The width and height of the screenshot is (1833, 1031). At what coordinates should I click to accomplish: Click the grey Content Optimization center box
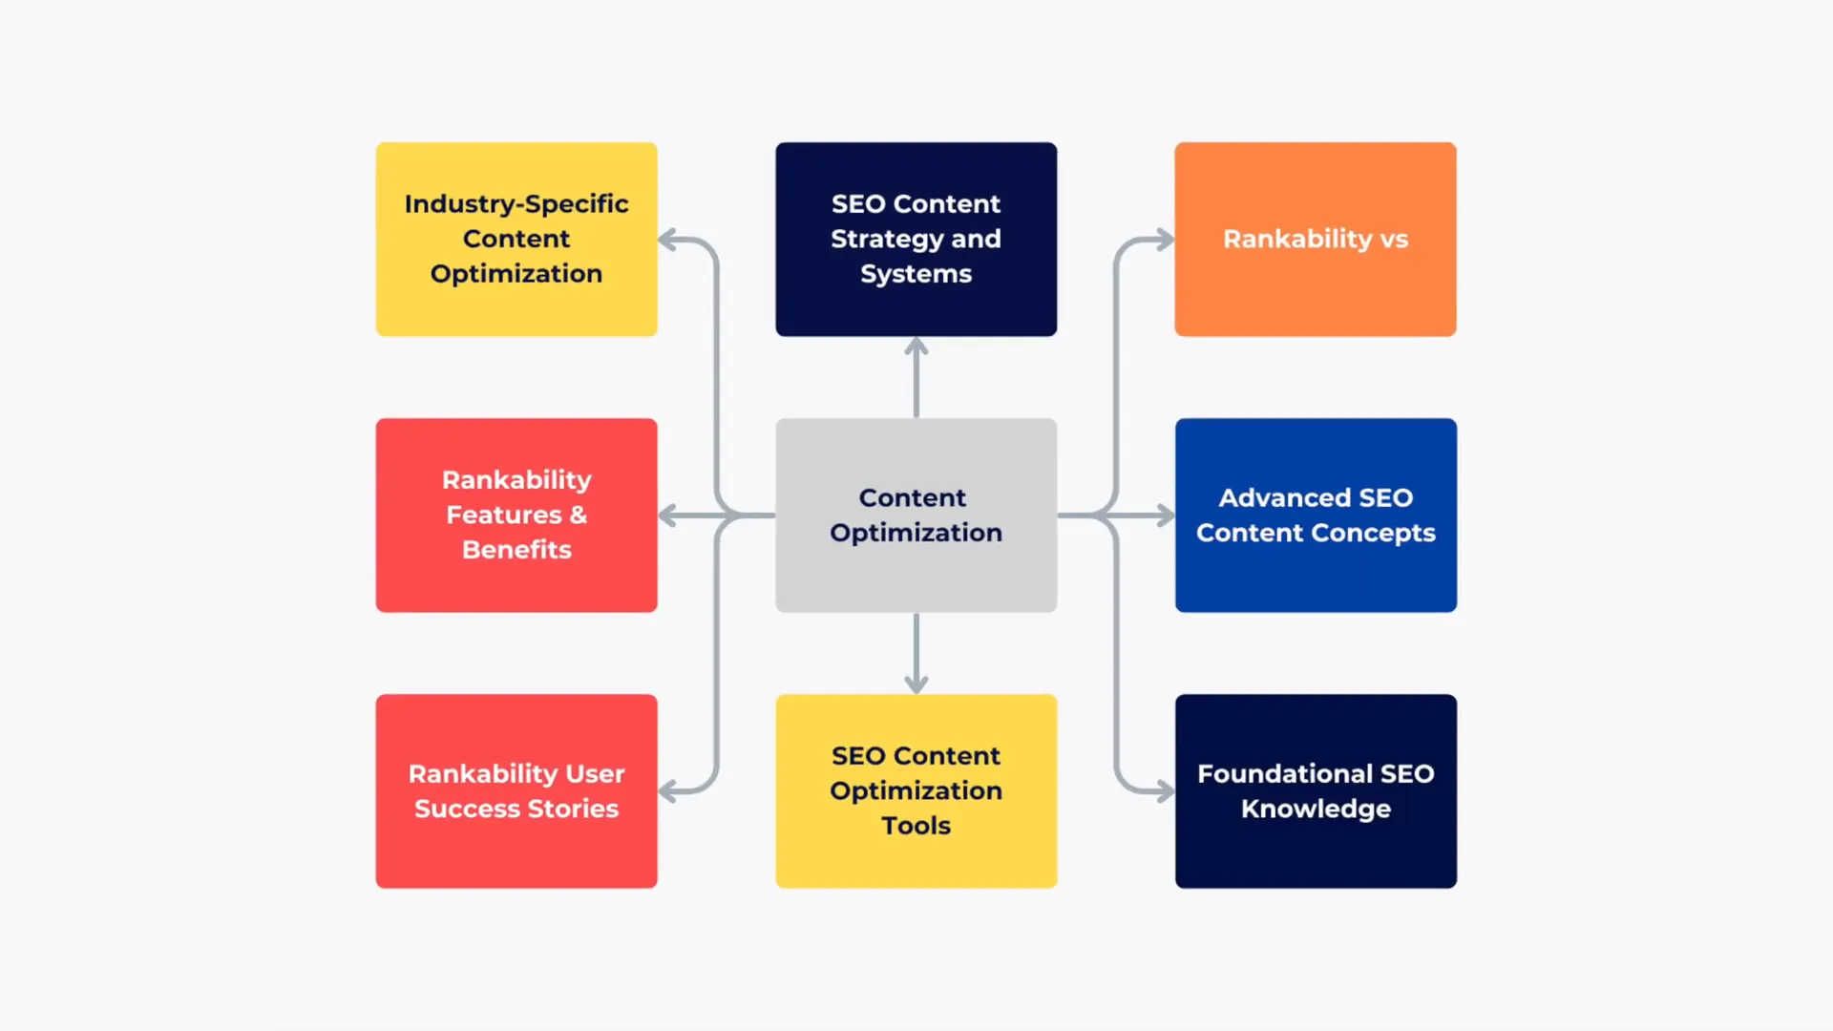[x=916, y=515]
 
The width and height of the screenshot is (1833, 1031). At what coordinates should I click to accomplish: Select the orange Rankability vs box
[x=1315, y=239]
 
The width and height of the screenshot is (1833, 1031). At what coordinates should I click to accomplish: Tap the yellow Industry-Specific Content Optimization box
[x=516, y=239]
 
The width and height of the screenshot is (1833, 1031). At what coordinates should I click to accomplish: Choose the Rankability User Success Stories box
[x=516, y=790]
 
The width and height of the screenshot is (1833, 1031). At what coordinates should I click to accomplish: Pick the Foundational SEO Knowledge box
[x=1316, y=790]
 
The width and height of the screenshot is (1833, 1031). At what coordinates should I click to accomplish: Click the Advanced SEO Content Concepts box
[x=1316, y=515]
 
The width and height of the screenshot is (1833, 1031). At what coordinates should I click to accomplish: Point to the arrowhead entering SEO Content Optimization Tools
[x=916, y=684]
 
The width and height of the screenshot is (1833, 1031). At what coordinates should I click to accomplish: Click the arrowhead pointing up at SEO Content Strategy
[x=916, y=347]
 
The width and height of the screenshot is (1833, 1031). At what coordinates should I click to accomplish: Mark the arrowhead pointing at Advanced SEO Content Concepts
[x=1165, y=515]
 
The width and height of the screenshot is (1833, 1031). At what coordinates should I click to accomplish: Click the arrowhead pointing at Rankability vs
[x=1165, y=239]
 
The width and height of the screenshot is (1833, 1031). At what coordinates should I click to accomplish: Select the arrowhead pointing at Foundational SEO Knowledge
[x=1165, y=791]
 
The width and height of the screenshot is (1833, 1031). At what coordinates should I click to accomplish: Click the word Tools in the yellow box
[x=916, y=826]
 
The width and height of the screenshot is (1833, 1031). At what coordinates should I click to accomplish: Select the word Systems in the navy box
[x=916, y=274]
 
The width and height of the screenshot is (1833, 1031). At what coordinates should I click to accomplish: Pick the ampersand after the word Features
[x=578, y=515]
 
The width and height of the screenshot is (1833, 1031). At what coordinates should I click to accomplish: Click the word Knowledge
[x=1316, y=809]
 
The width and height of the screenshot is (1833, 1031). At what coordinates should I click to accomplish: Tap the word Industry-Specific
[x=516, y=203]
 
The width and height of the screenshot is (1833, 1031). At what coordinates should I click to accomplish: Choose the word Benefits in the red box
[x=516, y=550]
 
